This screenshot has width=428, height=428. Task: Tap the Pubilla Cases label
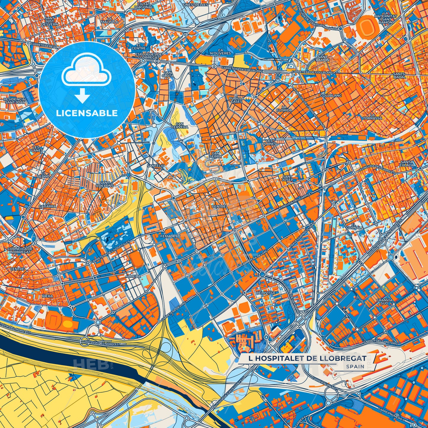237,100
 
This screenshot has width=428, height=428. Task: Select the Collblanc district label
331,96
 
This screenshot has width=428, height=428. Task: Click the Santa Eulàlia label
407,163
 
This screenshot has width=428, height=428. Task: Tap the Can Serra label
215,155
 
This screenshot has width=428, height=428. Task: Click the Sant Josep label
287,178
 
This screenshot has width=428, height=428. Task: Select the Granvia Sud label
384,302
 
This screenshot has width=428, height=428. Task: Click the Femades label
169,236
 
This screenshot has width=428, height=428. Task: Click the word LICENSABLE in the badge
87,113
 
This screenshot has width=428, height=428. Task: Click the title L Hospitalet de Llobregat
307,358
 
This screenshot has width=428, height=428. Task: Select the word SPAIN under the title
355,366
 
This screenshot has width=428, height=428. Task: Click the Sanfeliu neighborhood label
156,166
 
